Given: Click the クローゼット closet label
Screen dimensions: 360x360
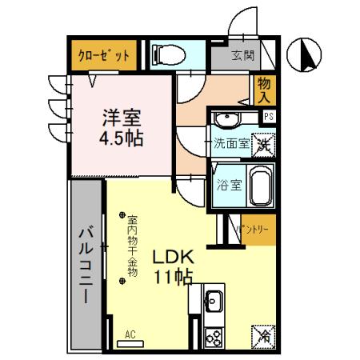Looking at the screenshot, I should pyautogui.click(x=103, y=56).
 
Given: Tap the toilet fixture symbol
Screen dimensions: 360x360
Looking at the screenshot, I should pyautogui.click(x=169, y=54).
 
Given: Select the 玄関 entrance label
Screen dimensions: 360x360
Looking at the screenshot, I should pyautogui.click(x=242, y=56).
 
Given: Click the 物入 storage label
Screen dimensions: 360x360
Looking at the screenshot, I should pyautogui.click(x=265, y=90).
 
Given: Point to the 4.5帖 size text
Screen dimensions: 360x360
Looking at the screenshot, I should pyautogui.click(x=121, y=138).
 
